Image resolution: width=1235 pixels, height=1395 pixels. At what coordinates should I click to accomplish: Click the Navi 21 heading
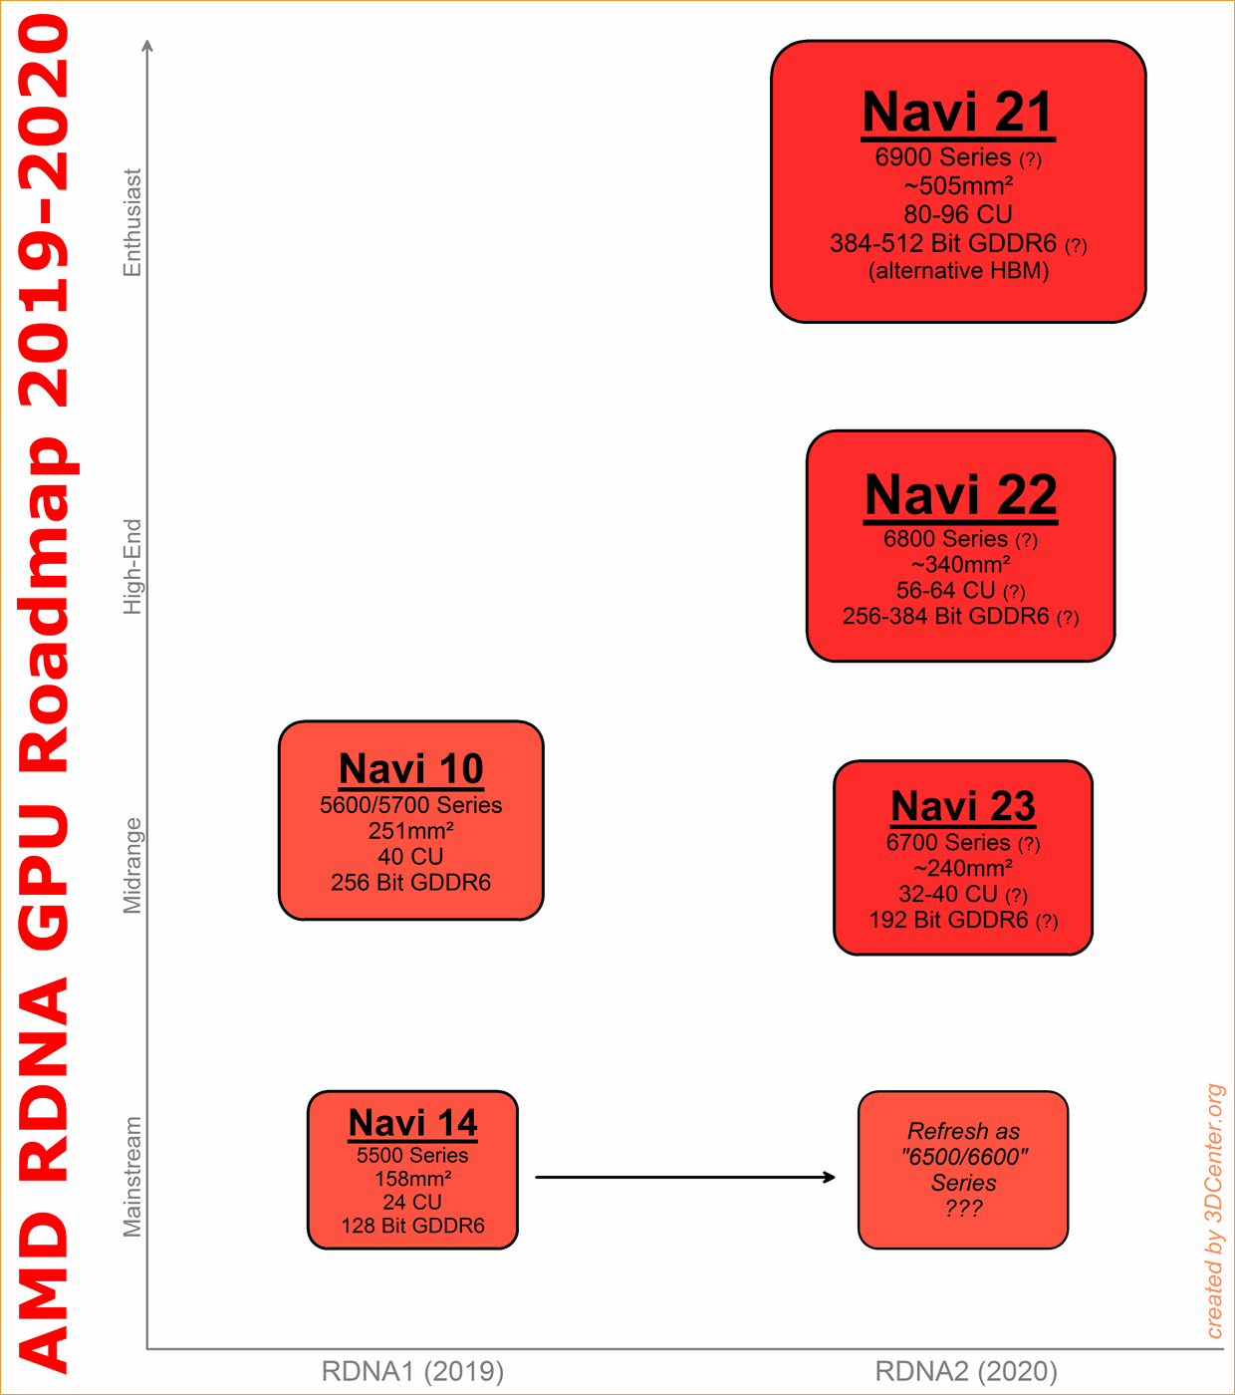[957, 112]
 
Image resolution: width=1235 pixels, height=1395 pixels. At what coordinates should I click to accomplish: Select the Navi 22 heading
[961, 494]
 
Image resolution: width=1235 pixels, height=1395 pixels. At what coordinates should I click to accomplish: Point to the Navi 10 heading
[411, 768]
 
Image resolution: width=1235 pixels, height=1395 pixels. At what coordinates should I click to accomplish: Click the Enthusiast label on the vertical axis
[131, 222]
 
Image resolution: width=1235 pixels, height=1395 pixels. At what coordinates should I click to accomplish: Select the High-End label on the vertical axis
[131, 567]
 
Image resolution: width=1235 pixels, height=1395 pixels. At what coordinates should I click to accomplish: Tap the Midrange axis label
[131, 866]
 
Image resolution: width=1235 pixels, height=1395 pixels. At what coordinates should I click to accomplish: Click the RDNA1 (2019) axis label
[412, 1371]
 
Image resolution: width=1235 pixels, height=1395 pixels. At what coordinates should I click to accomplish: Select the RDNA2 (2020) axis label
[966, 1371]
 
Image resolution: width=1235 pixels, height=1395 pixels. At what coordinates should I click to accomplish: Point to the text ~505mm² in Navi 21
[958, 186]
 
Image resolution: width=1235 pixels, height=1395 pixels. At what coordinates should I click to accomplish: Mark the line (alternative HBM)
[958, 271]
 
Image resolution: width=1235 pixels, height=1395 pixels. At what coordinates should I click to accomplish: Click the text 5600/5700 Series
[411, 805]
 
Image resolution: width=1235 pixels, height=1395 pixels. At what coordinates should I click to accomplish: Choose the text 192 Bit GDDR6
[948, 920]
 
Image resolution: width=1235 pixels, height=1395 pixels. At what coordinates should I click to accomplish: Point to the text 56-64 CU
[946, 590]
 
